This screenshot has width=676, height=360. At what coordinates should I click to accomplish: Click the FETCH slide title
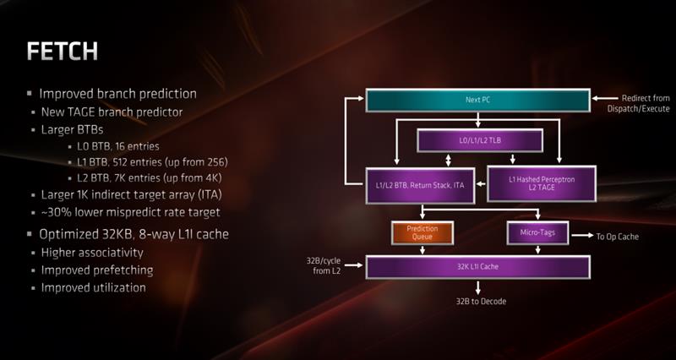click(x=63, y=52)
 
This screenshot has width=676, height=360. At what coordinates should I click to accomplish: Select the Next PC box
click(x=477, y=101)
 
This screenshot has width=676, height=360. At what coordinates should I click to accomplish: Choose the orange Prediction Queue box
click(x=423, y=232)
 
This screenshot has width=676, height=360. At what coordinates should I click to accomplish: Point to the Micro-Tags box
click(x=537, y=232)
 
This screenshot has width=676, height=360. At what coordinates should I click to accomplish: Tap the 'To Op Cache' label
click(x=617, y=237)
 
